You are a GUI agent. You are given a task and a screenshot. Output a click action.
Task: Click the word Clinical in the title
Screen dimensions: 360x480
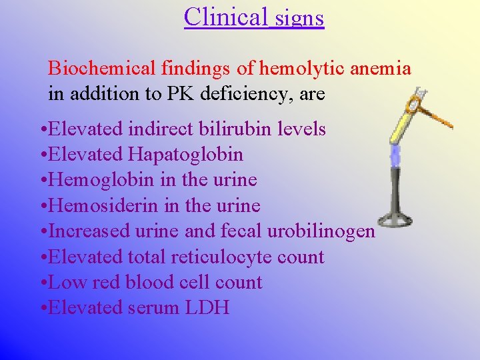226,16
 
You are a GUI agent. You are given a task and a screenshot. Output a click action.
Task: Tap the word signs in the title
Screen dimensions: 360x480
299,17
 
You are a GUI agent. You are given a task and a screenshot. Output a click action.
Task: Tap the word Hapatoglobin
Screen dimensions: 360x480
186,155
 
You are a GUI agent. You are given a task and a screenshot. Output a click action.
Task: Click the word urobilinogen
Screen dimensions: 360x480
321,231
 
